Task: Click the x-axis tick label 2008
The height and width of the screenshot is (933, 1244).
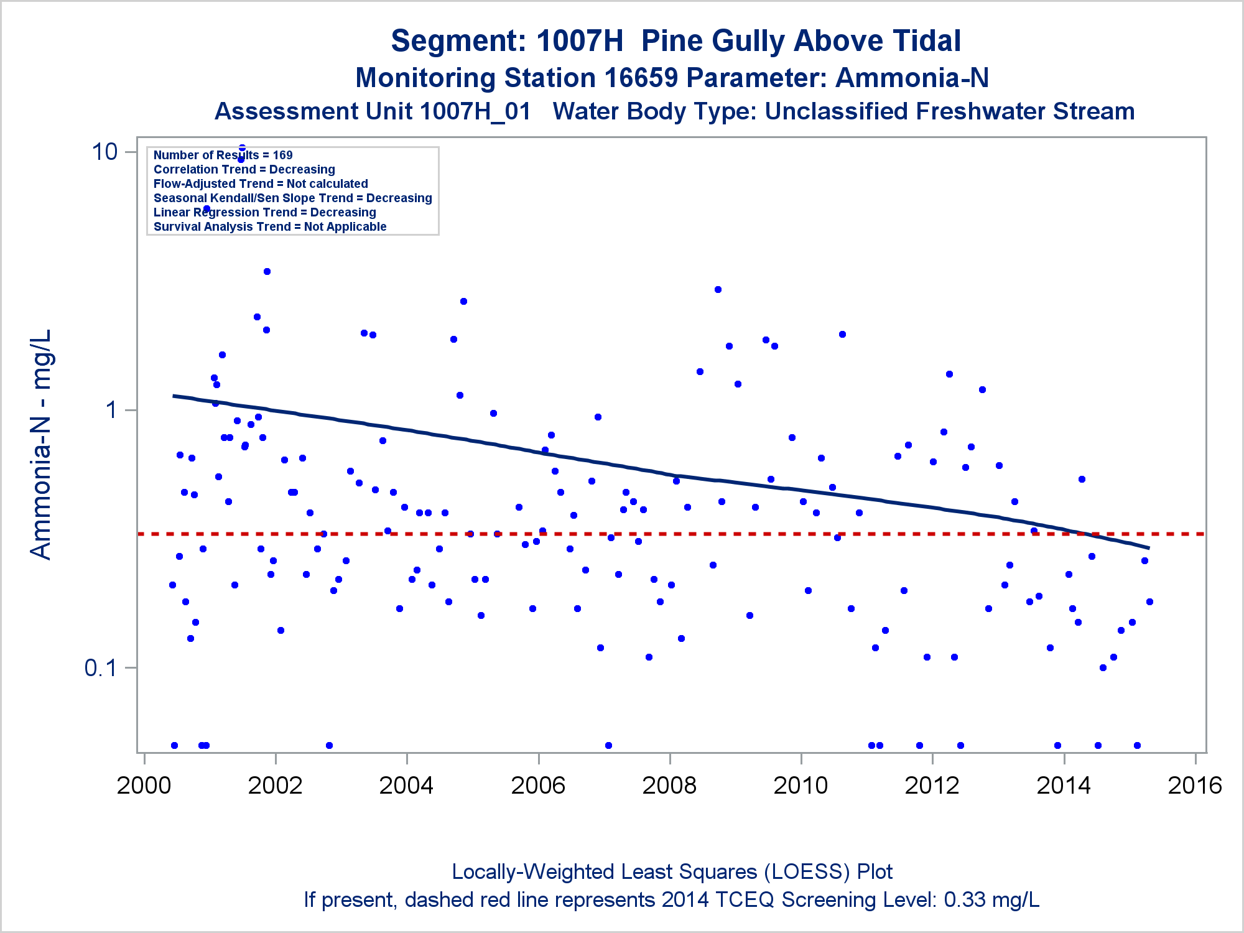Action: pyautogui.click(x=669, y=786)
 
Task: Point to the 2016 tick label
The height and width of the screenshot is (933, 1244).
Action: pyautogui.click(x=1195, y=786)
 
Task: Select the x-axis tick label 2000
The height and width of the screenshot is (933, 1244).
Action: pyautogui.click(x=144, y=786)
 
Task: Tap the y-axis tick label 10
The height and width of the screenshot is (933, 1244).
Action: pyautogui.click(x=104, y=152)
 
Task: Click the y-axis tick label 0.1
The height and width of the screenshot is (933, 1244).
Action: pyautogui.click(x=101, y=668)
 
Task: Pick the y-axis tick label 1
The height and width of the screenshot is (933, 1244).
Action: pyautogui.click(x=112, y=410)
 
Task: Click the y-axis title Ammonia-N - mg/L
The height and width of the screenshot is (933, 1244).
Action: pyautogui.click(x=41, y=444)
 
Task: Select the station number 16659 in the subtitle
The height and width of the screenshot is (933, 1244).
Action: pyautogui.click(x=641, y=78)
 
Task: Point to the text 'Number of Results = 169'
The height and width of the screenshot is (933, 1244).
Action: pyautogui.click(x=223, y=155)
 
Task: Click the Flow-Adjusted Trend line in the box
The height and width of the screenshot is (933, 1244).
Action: pyautogui.click(x=261, y=183)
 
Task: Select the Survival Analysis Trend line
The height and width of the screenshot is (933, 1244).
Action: pyautogui.click(x=270, y=226)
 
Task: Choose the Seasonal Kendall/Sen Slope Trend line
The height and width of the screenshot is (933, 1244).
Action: pyautogui.click(x=292, y=198)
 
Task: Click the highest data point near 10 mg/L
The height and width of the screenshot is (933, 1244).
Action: pyautogui.click(x=242, y=148)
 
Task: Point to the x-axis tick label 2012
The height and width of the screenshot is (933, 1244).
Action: pyautogui.click(x=932, y=786)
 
